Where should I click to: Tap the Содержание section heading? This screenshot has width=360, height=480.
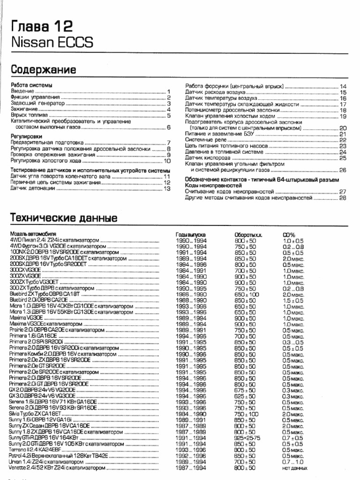click(x=44, y=69)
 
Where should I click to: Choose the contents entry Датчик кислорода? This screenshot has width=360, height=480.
click(x=207, y=158)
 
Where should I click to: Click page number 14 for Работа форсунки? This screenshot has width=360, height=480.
click(x=343, y=87)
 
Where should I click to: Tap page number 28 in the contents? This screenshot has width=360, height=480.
click(x=343, y=198)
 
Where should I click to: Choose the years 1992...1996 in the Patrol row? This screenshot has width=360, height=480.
click(x=191, y=455)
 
